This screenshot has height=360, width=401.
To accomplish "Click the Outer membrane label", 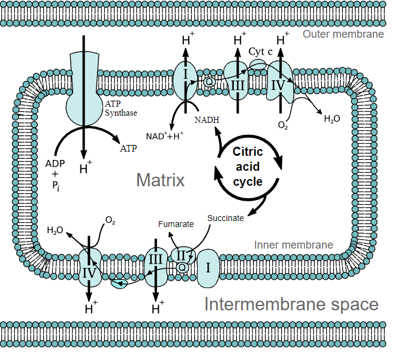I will coord(343,34).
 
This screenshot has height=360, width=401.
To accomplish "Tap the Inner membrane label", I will coord(294,245).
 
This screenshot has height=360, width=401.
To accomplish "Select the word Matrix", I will coord(160,180).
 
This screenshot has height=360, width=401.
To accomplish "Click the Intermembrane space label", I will coord(291,304).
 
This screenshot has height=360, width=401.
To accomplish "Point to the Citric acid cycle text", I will coord(248,167).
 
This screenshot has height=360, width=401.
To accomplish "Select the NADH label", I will coord(207,120).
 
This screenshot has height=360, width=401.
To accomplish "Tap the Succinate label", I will coord(225,218).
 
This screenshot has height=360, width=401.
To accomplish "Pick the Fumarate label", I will coord(176,224).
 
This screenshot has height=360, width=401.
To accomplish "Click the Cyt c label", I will coord(261,52).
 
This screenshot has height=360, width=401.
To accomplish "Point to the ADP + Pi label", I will coord(55,174).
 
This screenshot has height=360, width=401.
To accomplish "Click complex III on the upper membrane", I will coord(238,85).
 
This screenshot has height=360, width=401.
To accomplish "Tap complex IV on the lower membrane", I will coord(89,274).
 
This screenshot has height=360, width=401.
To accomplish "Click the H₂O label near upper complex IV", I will coord(331,119).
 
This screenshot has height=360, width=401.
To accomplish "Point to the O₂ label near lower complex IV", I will coord(110,220).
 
